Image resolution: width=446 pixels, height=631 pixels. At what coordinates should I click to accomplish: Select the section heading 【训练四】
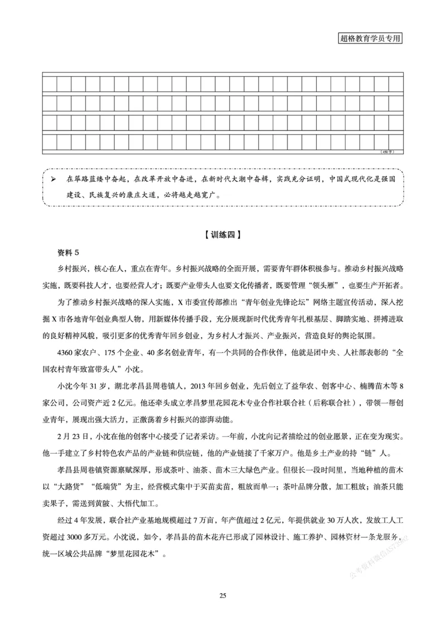(222, 235)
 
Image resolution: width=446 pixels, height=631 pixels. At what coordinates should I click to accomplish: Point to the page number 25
(222, 596)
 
